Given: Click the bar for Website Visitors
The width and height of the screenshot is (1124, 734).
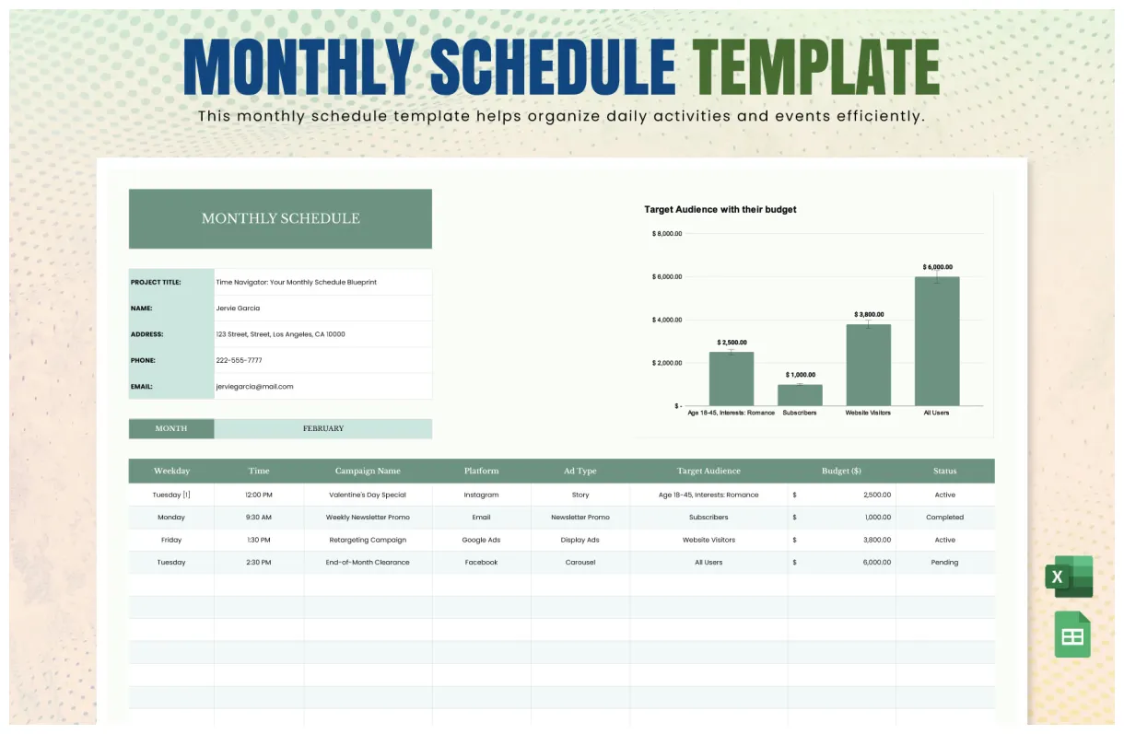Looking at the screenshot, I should [x=868, y=365].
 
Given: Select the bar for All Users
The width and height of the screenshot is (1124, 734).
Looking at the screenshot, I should [x=937, y=342].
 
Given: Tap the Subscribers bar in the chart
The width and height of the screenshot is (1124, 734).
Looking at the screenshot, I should [x=800, y=395].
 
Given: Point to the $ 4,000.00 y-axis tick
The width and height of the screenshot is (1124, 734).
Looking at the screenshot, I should [x=667, y=320].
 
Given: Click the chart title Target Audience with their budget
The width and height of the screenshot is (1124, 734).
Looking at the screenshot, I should [x=720, y=210].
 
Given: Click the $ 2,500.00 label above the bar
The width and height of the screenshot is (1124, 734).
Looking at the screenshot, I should [x=732, y=343].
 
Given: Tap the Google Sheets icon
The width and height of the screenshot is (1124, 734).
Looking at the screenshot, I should [x=1072, y=635].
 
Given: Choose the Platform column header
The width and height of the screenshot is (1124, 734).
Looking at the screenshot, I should [x=481, y=471].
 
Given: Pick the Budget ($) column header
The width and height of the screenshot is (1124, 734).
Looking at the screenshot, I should [x=841, y=471].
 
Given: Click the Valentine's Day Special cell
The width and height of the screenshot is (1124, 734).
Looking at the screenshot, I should [x=368, y=495].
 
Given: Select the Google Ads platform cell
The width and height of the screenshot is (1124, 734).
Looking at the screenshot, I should [x=481, y=540].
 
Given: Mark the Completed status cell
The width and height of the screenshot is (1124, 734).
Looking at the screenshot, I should [x=944, y=518].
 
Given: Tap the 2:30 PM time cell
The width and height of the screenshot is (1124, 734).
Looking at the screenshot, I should [x=259, y=562].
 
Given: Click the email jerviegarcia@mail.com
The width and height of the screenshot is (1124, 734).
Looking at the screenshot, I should [x=254, y=387].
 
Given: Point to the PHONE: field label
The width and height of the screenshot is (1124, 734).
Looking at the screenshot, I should [x=143, y=361].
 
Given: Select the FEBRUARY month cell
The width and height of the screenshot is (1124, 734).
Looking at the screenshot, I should [x=322, y=428].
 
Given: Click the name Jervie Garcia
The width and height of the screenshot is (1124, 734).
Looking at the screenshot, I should [x=238, y=309].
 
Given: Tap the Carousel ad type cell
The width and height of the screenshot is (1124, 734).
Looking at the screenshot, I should [x=580, y=562].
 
